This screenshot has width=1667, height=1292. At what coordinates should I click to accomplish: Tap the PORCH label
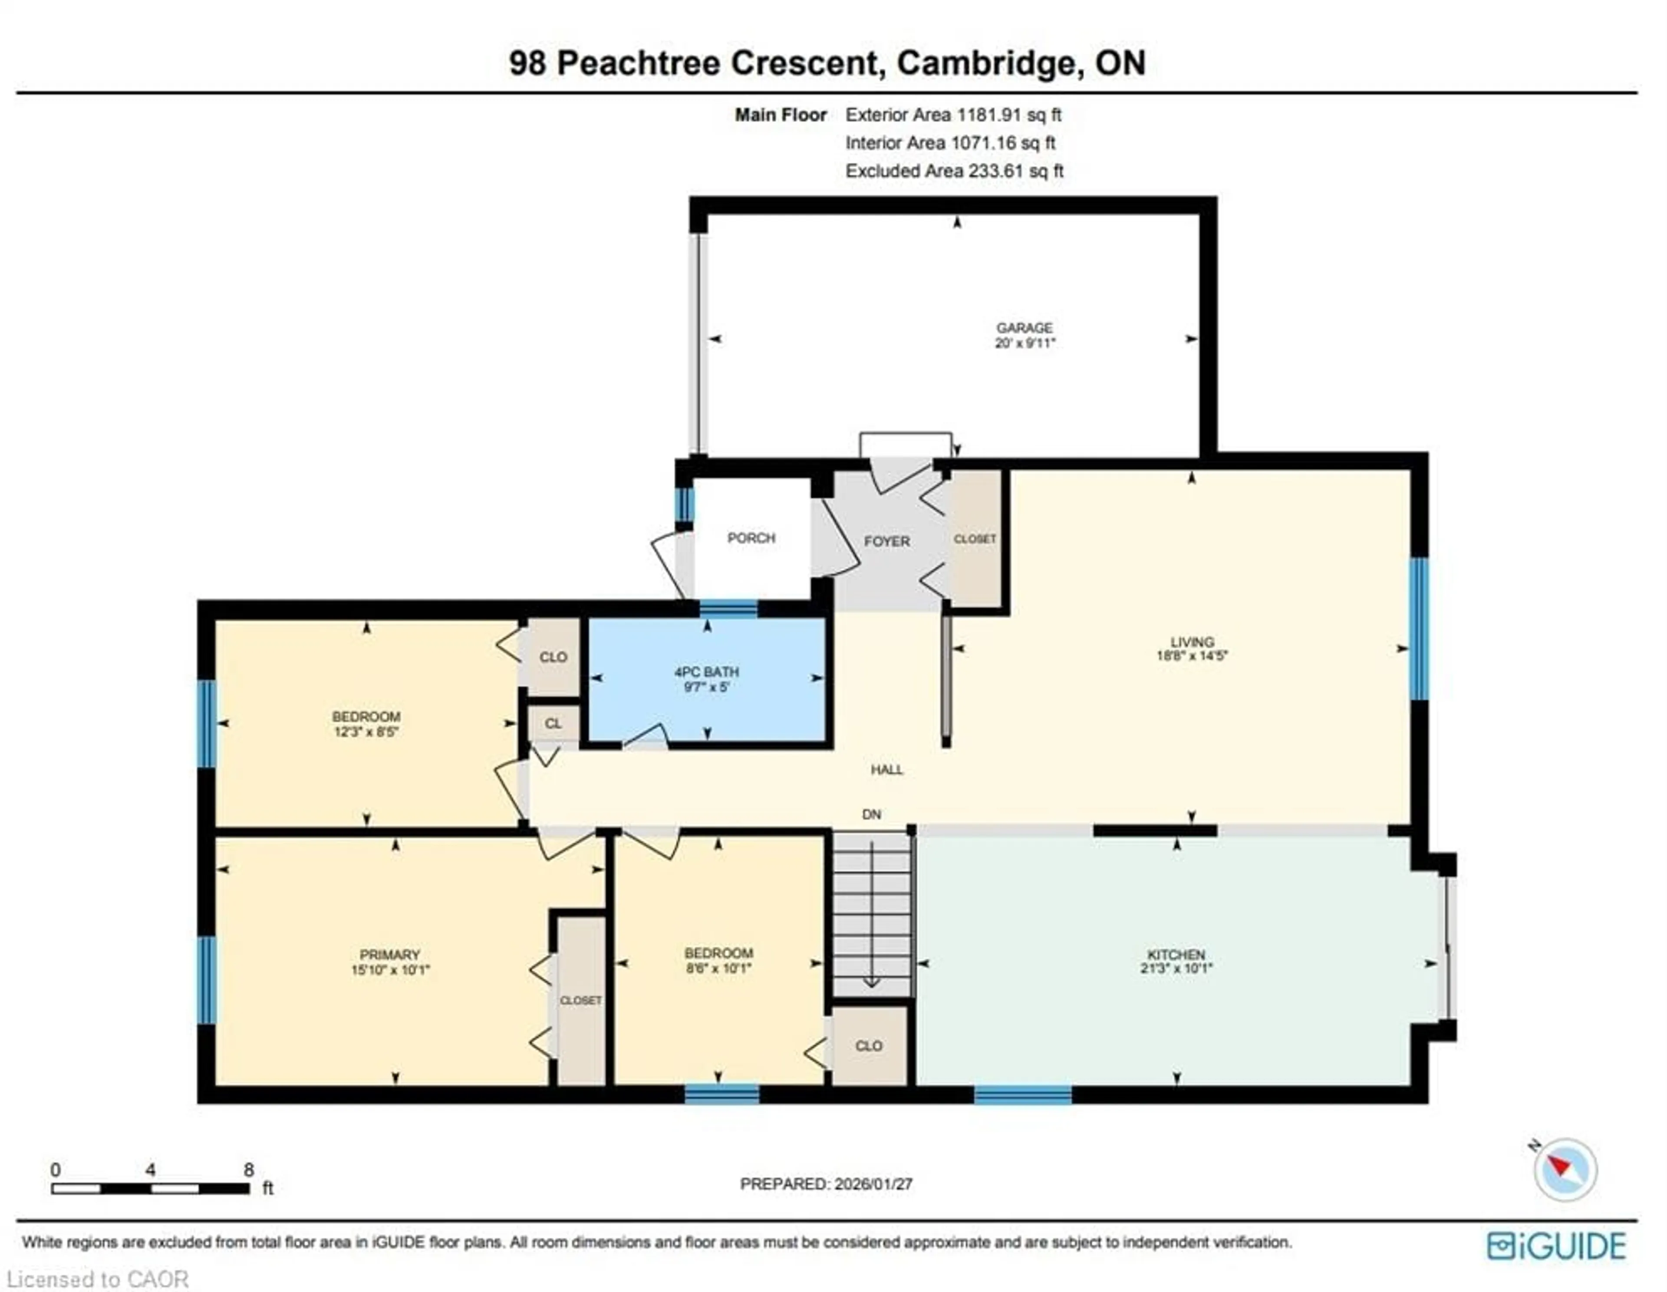click(751, 538)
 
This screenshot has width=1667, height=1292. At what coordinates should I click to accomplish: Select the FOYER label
click(886, 541)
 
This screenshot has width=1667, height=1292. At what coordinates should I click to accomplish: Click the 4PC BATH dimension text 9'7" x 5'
click(707, 687)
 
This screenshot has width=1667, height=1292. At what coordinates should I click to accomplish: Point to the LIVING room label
click(1192, 642)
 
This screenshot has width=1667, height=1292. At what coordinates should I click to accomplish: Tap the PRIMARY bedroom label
click(389, 955)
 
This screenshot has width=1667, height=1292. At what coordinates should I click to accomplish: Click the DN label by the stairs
click(871, 814)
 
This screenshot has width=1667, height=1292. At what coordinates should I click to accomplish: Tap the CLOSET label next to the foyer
click(975, 539)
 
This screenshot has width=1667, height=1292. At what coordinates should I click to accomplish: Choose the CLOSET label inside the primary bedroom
click(581, 1001)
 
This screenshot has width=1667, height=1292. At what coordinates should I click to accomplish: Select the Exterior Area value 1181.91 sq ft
click(1009, 115)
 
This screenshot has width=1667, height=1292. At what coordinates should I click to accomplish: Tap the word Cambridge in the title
click(990, 63)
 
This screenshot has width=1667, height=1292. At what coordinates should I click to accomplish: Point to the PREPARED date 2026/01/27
click(873, 1183)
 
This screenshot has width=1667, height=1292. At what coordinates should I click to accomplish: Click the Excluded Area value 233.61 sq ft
click(1015, 171)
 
